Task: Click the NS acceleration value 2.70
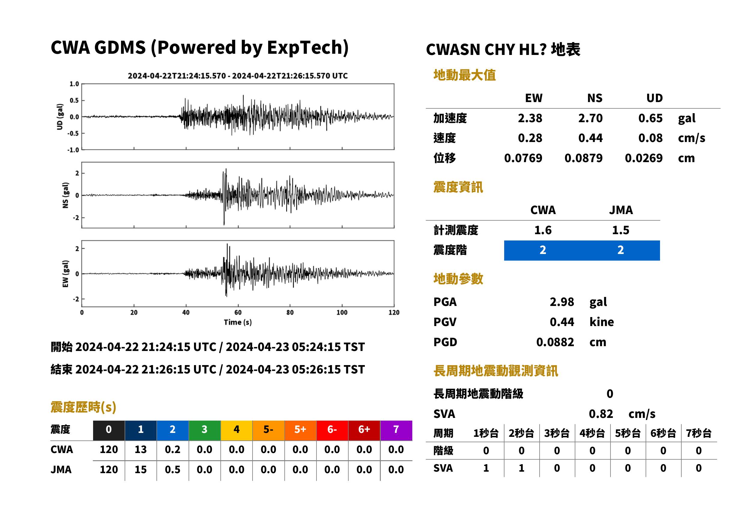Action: pyautogui.click(x=590, y=118)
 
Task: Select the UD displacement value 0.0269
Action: pyautogui.click(x=644, y=158)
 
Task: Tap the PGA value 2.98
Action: pyautogui.click(x=562, y=302)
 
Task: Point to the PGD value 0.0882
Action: pyautogui.click(x=555, y=342)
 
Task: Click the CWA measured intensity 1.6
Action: pyautogui.click(x=543, y=230)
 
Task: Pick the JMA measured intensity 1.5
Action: pyautogui.click(x=620, y=230)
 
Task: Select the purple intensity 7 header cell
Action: pyautogui.click(x=396, y=429)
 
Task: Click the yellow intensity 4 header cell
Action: pyautogui.click(x=237, y=429)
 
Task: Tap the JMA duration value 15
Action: pyautogui.click(x=141, y=470)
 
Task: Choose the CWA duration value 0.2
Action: pyautogui.click(x=173, y=449)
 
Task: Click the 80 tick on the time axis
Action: pyautogui.click(x=290, y=313)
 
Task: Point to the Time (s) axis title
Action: pyautogui.click(x=238, y=322)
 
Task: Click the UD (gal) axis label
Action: pyautogui.click(x=60, y=116)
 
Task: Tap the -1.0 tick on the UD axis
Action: pyautogui.click(x=73, y=150)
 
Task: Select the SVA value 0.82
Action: pyautogui.click(x=601, y=414)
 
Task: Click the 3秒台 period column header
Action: pyautogui.click(x=557, y=433)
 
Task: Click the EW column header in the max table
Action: pyautogui.click(x=534, y=98)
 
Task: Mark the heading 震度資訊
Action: pyautogui.click(x=458, y=187)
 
